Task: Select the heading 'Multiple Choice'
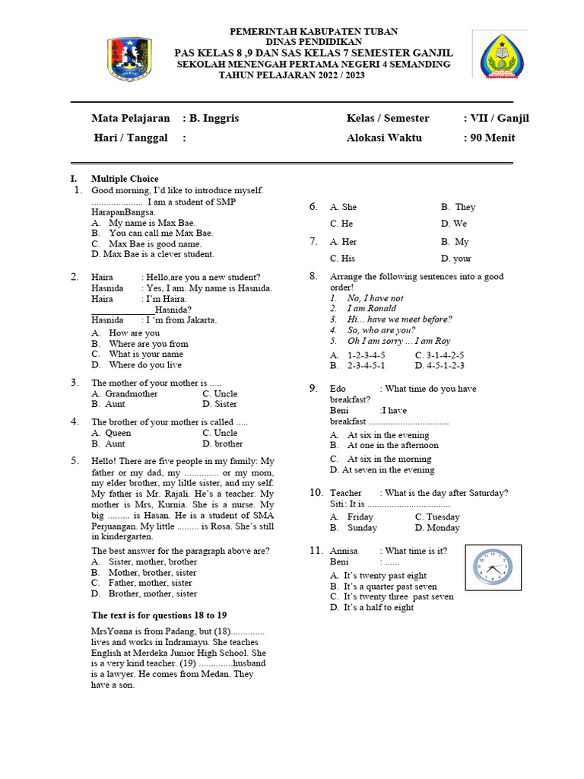(125, 178)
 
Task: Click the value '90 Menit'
(492, 138)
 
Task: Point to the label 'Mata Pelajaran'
(131, 118)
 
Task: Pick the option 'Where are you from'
(148, 343)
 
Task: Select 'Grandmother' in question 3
(131, 393)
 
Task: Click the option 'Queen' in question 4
(118, 432)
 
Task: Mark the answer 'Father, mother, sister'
(150, 583)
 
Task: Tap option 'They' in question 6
(465, 207)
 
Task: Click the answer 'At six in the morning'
(389, 459)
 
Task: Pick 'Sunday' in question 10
(361, 527)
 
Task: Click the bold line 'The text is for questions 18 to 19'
(159, 615)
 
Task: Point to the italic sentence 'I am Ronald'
(371, 308)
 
